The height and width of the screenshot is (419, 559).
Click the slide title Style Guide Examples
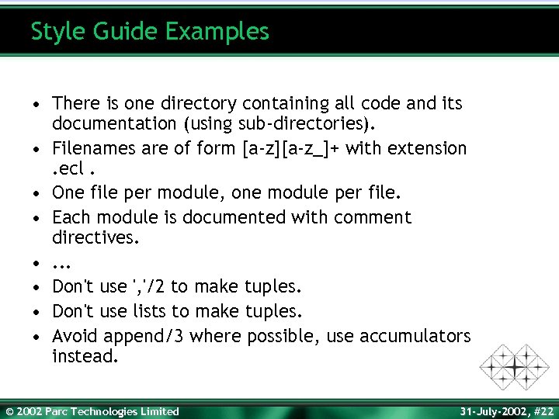point(150,32)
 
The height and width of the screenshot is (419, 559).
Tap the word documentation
point(114,123)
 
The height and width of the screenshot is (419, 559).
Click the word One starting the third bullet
point(68,192)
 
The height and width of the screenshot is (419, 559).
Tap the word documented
point(236,216)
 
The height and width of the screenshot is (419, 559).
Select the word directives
point(96,237)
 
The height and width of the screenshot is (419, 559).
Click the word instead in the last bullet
point(85,356)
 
